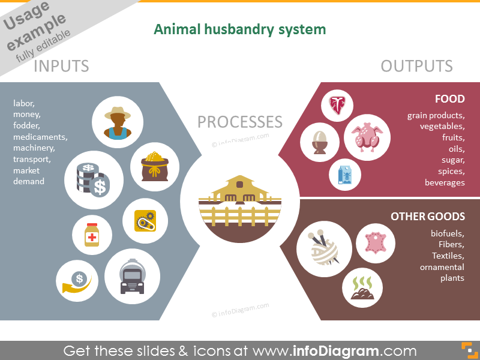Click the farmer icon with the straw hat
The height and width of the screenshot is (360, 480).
[118, 123]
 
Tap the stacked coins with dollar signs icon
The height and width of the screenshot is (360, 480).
[93, 179]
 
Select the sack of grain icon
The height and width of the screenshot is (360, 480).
[155, 166]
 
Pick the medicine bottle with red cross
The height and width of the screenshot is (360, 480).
[92, 235]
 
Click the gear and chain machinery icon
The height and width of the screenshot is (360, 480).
[145, 221]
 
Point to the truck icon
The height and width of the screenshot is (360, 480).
[132, 277]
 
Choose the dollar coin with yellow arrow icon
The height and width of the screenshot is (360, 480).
[77, 281]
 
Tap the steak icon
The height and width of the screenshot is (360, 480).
[337, 106]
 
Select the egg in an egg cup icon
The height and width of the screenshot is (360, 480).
[320, 142]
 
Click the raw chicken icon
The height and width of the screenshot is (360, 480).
[367, 137]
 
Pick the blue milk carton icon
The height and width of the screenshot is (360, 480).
[344, 175]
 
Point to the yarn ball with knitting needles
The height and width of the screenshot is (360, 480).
[324, 248]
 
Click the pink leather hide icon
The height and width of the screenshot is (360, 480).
[376, 243]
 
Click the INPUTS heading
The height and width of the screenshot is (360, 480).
[61, 66]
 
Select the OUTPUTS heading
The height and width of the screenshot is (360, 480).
[416, 66]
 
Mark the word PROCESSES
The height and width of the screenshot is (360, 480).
[239, 122]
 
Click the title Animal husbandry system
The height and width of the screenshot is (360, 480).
[239, 29]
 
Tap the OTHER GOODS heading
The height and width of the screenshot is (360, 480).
[428, 217]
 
